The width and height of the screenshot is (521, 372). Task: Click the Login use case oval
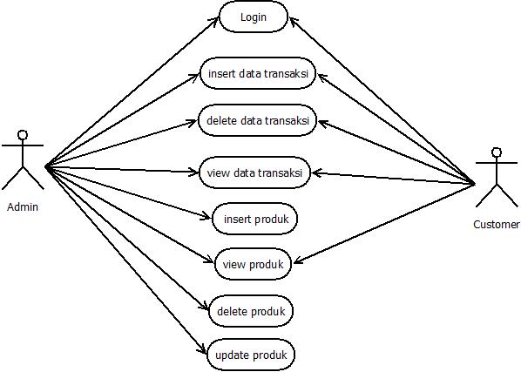click(x=253, y=17)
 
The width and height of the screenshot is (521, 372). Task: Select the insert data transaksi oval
click(x=257, y=74)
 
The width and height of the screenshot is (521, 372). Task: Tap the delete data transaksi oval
click(x=257, y=120)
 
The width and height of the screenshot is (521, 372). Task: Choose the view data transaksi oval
click(x=255, y=172)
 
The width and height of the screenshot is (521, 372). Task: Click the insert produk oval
click(x=254, y=219)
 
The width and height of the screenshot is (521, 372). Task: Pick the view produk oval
click(x=253, y=265)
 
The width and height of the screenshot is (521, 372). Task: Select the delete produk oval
click(x=251, y=310)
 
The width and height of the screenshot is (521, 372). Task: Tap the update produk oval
click(x=251, y=355)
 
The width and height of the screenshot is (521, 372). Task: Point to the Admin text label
click(x=23, y=207)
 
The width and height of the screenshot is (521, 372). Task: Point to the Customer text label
click(x=497, y=225)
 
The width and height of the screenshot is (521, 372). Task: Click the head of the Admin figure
click(x=24, y=135)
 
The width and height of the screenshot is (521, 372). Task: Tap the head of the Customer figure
click(x=497, y=152)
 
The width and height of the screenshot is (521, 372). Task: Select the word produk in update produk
click(x=270, y=355)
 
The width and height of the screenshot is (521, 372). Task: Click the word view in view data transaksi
click(x=218, y=172)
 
